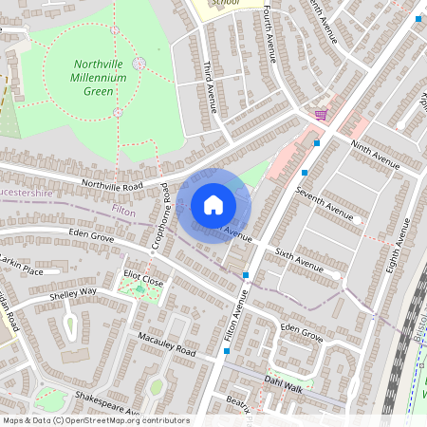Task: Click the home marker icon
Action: tap(213, 205)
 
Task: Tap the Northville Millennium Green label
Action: tap(105, 78)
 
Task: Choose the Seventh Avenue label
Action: tap(323, 204)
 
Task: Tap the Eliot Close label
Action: tap(143, 282)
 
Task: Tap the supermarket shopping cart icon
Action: tap(321, 115)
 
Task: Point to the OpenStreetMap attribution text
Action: tap(95, 420)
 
